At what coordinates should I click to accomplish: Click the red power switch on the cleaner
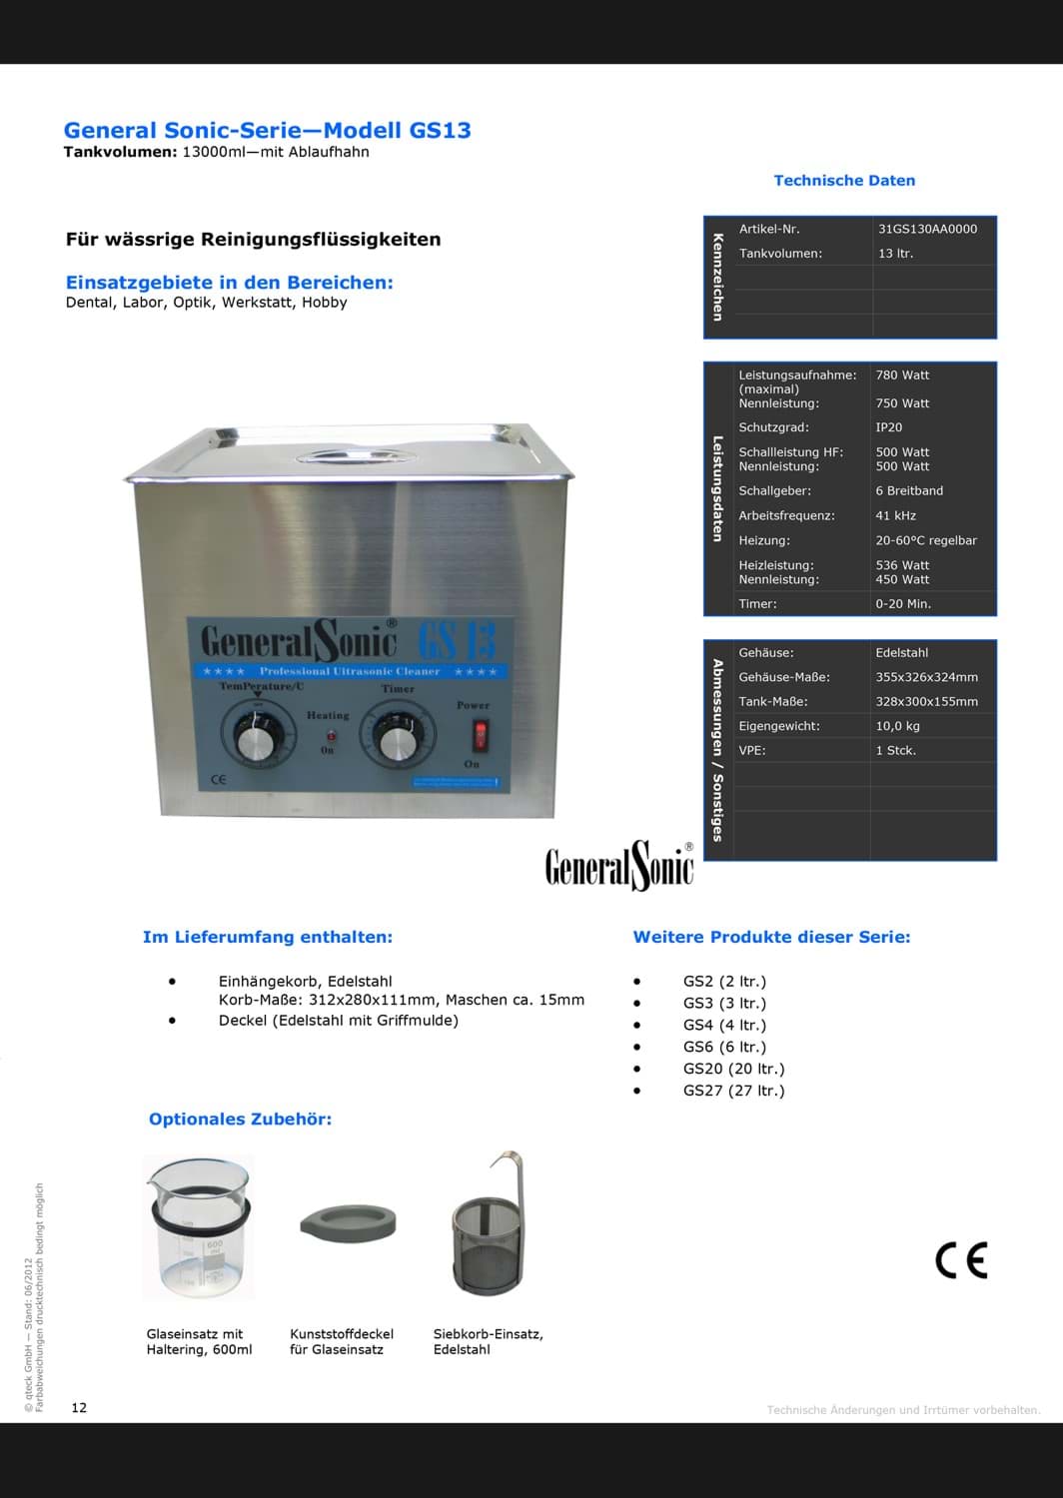[481, 736]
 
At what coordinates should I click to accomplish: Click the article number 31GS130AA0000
[927, 229]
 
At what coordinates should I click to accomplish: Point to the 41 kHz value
[895, 515]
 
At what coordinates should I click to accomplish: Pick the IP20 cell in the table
[888, 427]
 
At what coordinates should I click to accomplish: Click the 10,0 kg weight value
[897, 726]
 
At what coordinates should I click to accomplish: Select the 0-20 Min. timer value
[902, 604]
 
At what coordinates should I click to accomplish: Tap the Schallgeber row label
[774, 491]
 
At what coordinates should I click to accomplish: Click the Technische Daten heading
[844, 181]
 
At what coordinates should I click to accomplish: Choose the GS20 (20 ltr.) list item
[733, 1069]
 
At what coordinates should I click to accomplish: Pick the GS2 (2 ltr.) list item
[724, 982]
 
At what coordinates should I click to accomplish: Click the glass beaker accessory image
[197, 1229]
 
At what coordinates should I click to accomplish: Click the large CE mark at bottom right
[961, 1261]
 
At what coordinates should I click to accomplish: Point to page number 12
[79, 1408]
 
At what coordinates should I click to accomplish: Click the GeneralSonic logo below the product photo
[619, 864]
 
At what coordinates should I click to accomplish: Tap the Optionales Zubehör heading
[240, 1120]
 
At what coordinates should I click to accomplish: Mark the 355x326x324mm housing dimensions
[926, 677]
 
